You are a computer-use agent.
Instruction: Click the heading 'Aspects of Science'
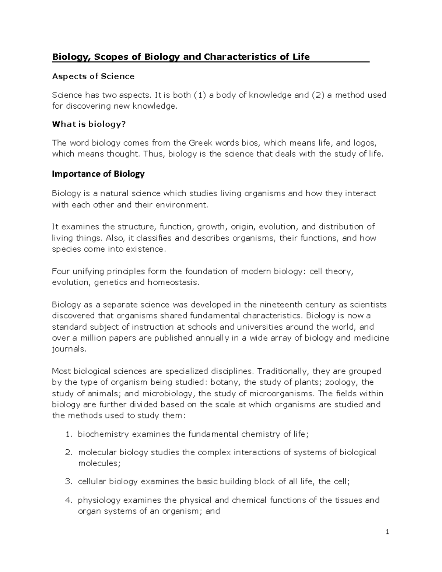coord(93,76)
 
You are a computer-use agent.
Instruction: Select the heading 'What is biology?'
coord(89,124)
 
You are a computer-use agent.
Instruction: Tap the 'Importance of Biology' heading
coord(98,174)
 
